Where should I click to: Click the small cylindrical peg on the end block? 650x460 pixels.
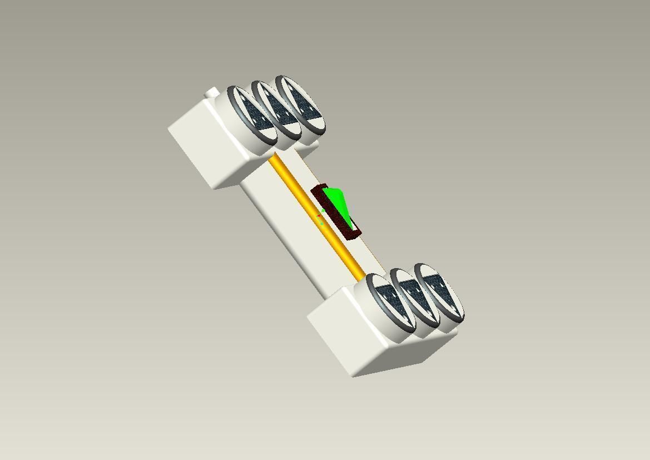tap(211, 93)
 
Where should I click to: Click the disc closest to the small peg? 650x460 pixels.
tap(251, 117)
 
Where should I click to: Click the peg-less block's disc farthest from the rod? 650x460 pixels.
tap(439, 293)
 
